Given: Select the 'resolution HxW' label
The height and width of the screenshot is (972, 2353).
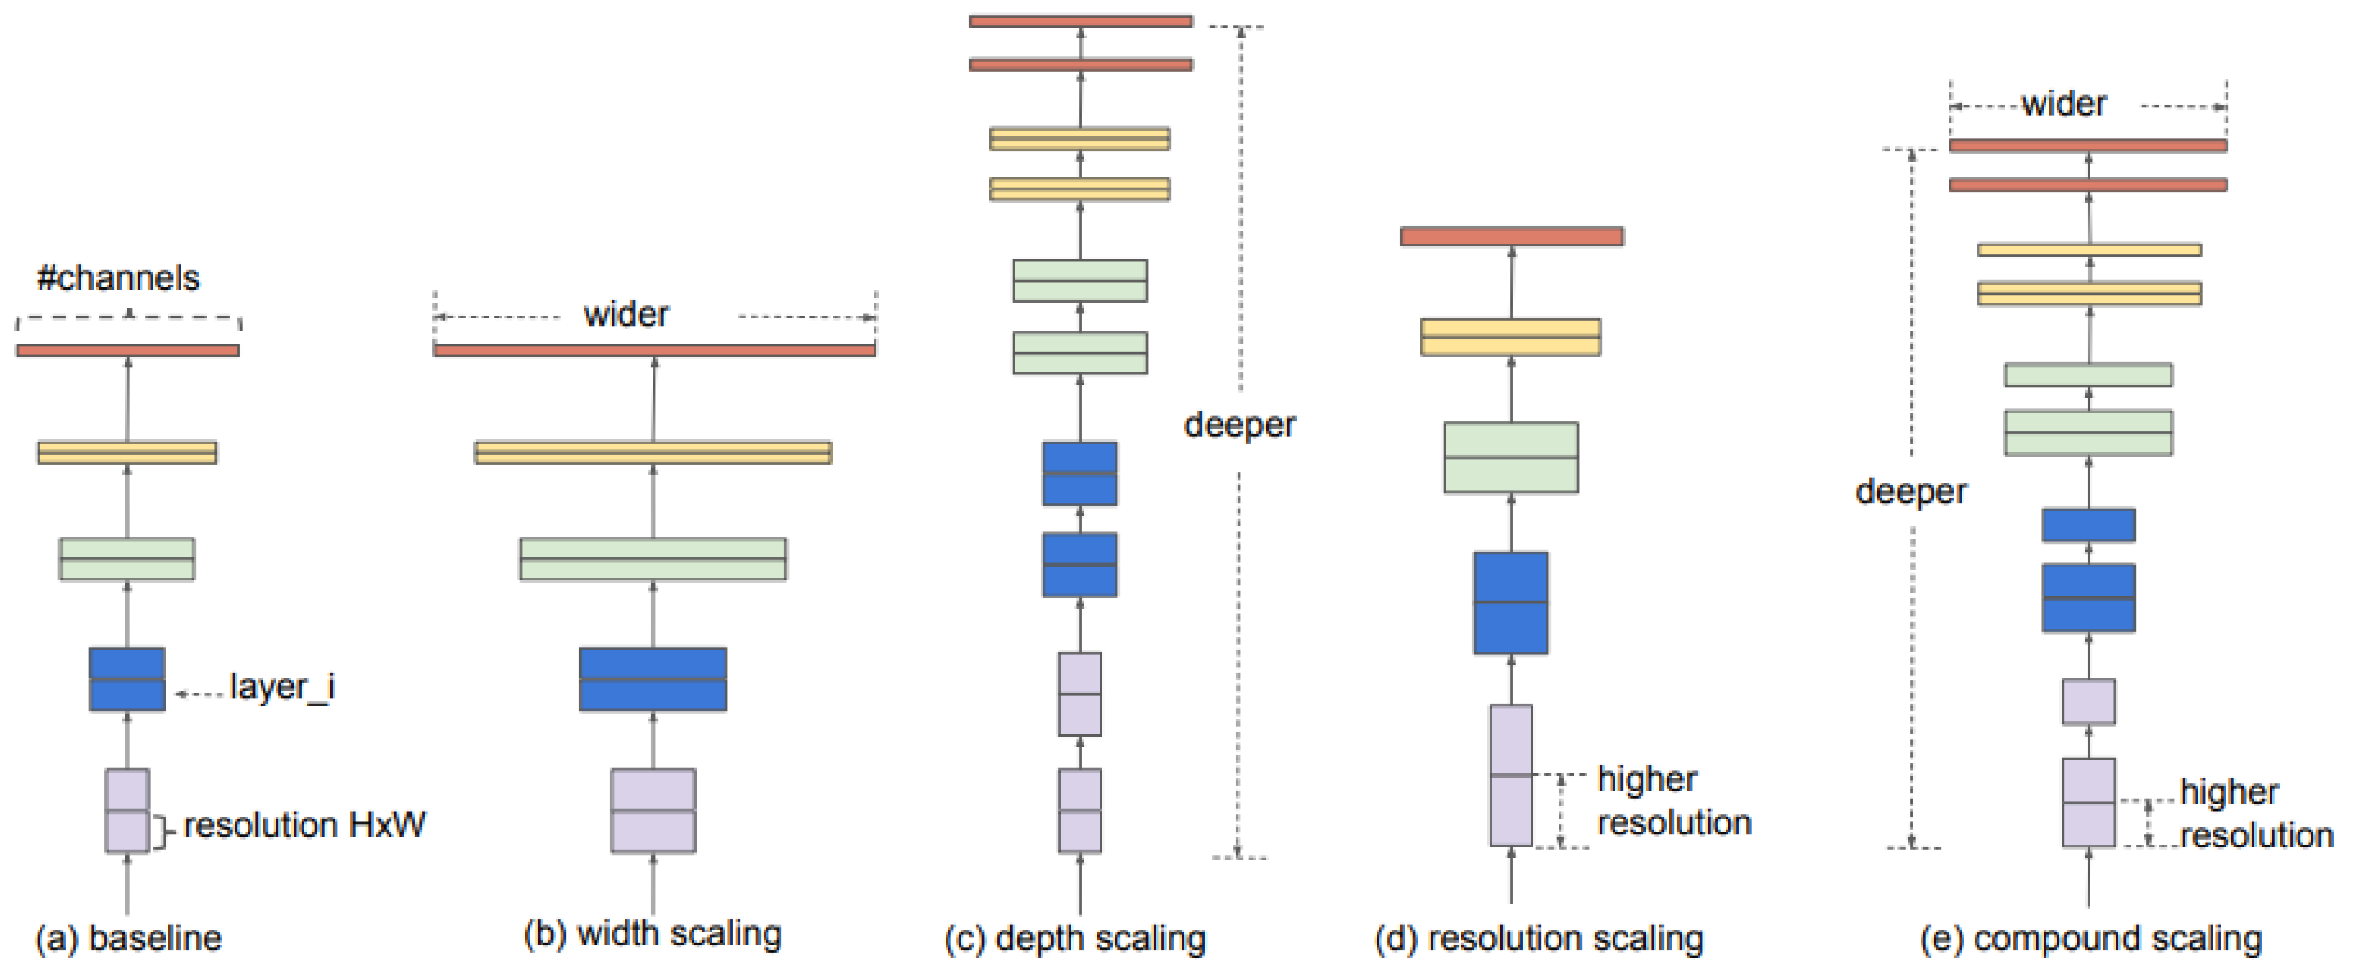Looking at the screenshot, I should [x=304, y=825].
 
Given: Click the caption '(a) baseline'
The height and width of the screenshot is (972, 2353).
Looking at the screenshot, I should [x=128, y=938].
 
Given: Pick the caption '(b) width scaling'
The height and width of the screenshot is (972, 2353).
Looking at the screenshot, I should [x=652, y=934].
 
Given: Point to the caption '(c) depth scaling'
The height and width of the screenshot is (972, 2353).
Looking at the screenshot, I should [x=1074, y=938].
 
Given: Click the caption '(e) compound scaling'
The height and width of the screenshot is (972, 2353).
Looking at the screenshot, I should [x=2090, y=938].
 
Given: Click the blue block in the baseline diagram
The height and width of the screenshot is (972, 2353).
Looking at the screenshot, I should [x=127, y=679].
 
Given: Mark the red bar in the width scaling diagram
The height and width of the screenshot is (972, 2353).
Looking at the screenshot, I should [x=654, y=350].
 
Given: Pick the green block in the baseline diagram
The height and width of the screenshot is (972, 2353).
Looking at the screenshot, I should [x=127, y=558].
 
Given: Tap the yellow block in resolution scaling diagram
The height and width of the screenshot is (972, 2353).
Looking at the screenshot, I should [x=1510, y=336].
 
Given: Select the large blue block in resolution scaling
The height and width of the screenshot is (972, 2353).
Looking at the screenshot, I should [x=1510, y=603].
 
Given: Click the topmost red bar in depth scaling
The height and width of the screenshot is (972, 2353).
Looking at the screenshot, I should [x=1080, y=21].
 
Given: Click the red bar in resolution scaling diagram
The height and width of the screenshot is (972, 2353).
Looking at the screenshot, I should [x=1511, y=237].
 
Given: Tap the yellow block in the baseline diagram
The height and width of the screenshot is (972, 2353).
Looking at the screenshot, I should [x=127, y=452].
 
